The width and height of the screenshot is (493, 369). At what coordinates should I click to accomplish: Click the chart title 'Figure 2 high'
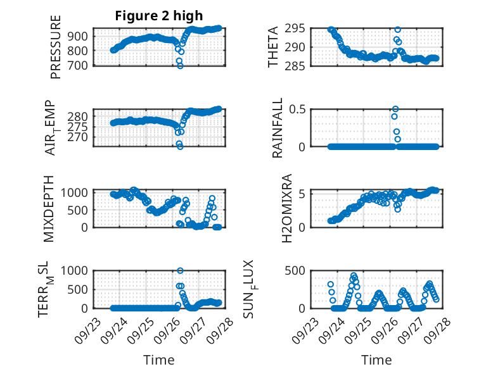[x=158, y=16]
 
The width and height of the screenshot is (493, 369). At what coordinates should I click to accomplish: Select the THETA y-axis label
[x=273, y=47]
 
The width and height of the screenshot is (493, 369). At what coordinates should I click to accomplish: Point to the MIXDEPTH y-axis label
[x=48, y=208]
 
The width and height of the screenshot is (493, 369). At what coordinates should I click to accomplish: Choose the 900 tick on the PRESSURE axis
[x=80, y=36]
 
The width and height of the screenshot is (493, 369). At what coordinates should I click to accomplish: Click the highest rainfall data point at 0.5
[x=395, y=109]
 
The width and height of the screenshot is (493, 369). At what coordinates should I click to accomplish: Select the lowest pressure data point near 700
[x=180, y=65]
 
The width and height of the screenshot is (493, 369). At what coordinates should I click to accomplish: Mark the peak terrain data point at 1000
[x=181, y=271]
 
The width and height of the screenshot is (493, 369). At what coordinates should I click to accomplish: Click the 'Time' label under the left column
[x=158, y=360]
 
